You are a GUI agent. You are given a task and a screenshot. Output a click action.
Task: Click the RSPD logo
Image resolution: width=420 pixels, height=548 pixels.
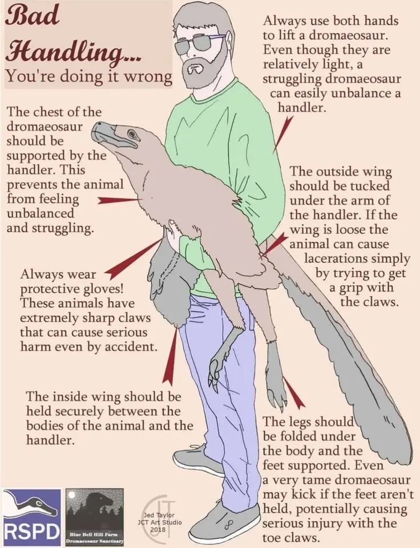31,517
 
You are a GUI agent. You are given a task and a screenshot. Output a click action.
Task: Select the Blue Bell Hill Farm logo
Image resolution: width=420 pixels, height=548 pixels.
95,517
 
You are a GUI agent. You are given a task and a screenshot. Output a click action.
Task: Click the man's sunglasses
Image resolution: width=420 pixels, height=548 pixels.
201,43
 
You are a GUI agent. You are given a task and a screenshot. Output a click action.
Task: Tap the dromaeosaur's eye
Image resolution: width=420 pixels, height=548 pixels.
132,133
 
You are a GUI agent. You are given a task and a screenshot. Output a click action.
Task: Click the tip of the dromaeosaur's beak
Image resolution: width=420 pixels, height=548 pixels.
94,131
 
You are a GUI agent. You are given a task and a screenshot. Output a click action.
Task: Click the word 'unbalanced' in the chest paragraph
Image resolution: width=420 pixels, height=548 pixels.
40,213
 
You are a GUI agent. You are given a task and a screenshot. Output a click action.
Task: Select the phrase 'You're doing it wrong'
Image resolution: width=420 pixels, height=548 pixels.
89,76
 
